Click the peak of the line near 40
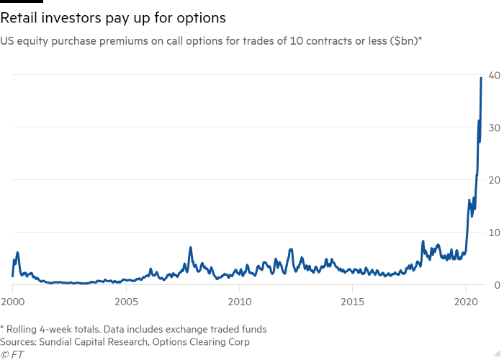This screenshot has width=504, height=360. [481, 77]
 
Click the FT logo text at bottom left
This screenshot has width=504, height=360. [14, 354]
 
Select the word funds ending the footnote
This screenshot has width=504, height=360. [253, 329]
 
